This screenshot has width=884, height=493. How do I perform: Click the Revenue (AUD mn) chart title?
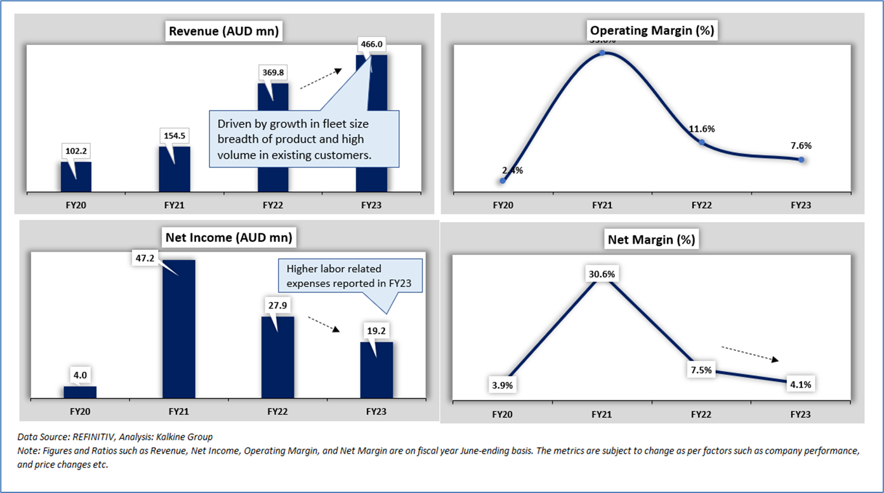pyautogui.click(x=223, y=30)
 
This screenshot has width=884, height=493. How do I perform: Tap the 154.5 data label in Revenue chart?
pyautogui.click(x=174, y=136)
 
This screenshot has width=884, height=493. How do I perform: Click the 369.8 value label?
pyautogui.click(x=273, y=72)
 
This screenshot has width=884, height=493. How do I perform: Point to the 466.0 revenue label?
pyautogui.click(x=371, y=46)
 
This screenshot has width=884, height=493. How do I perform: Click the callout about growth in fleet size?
pyautogui.click(x=304, y=138)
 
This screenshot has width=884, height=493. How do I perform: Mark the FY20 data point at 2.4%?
pyautogui.click(x=503, y=180)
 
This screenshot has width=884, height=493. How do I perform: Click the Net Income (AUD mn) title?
pyautogui.click(x=228, y=238)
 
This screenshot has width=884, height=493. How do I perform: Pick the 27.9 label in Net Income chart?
pyautogui.click(x=277, y=305)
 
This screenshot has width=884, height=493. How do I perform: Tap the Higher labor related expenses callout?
pyautogui.click(x=350, y=276)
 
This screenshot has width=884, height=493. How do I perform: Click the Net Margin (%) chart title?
pyautogui.click(x=651, y=240)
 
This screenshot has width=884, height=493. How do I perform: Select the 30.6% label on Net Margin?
pyautogui.click(x=600, y=273)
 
